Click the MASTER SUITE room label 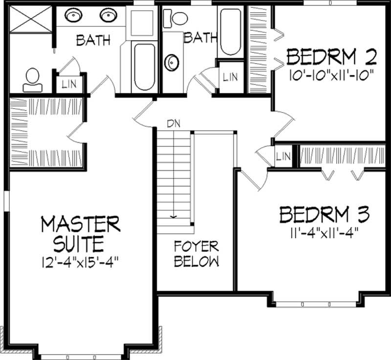(81, 233)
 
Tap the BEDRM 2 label (331, 58)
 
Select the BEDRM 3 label (324, 215)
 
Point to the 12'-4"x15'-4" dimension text (81, 258)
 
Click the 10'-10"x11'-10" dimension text (331, 75)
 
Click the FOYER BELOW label (196, 253)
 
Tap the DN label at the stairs (173, 123)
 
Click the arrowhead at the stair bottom (173, 216)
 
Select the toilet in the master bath (33, 80)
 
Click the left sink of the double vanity (73, 15)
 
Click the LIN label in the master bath (69, 84)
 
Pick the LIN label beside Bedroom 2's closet (230, 76)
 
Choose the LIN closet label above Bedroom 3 (283, 157)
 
